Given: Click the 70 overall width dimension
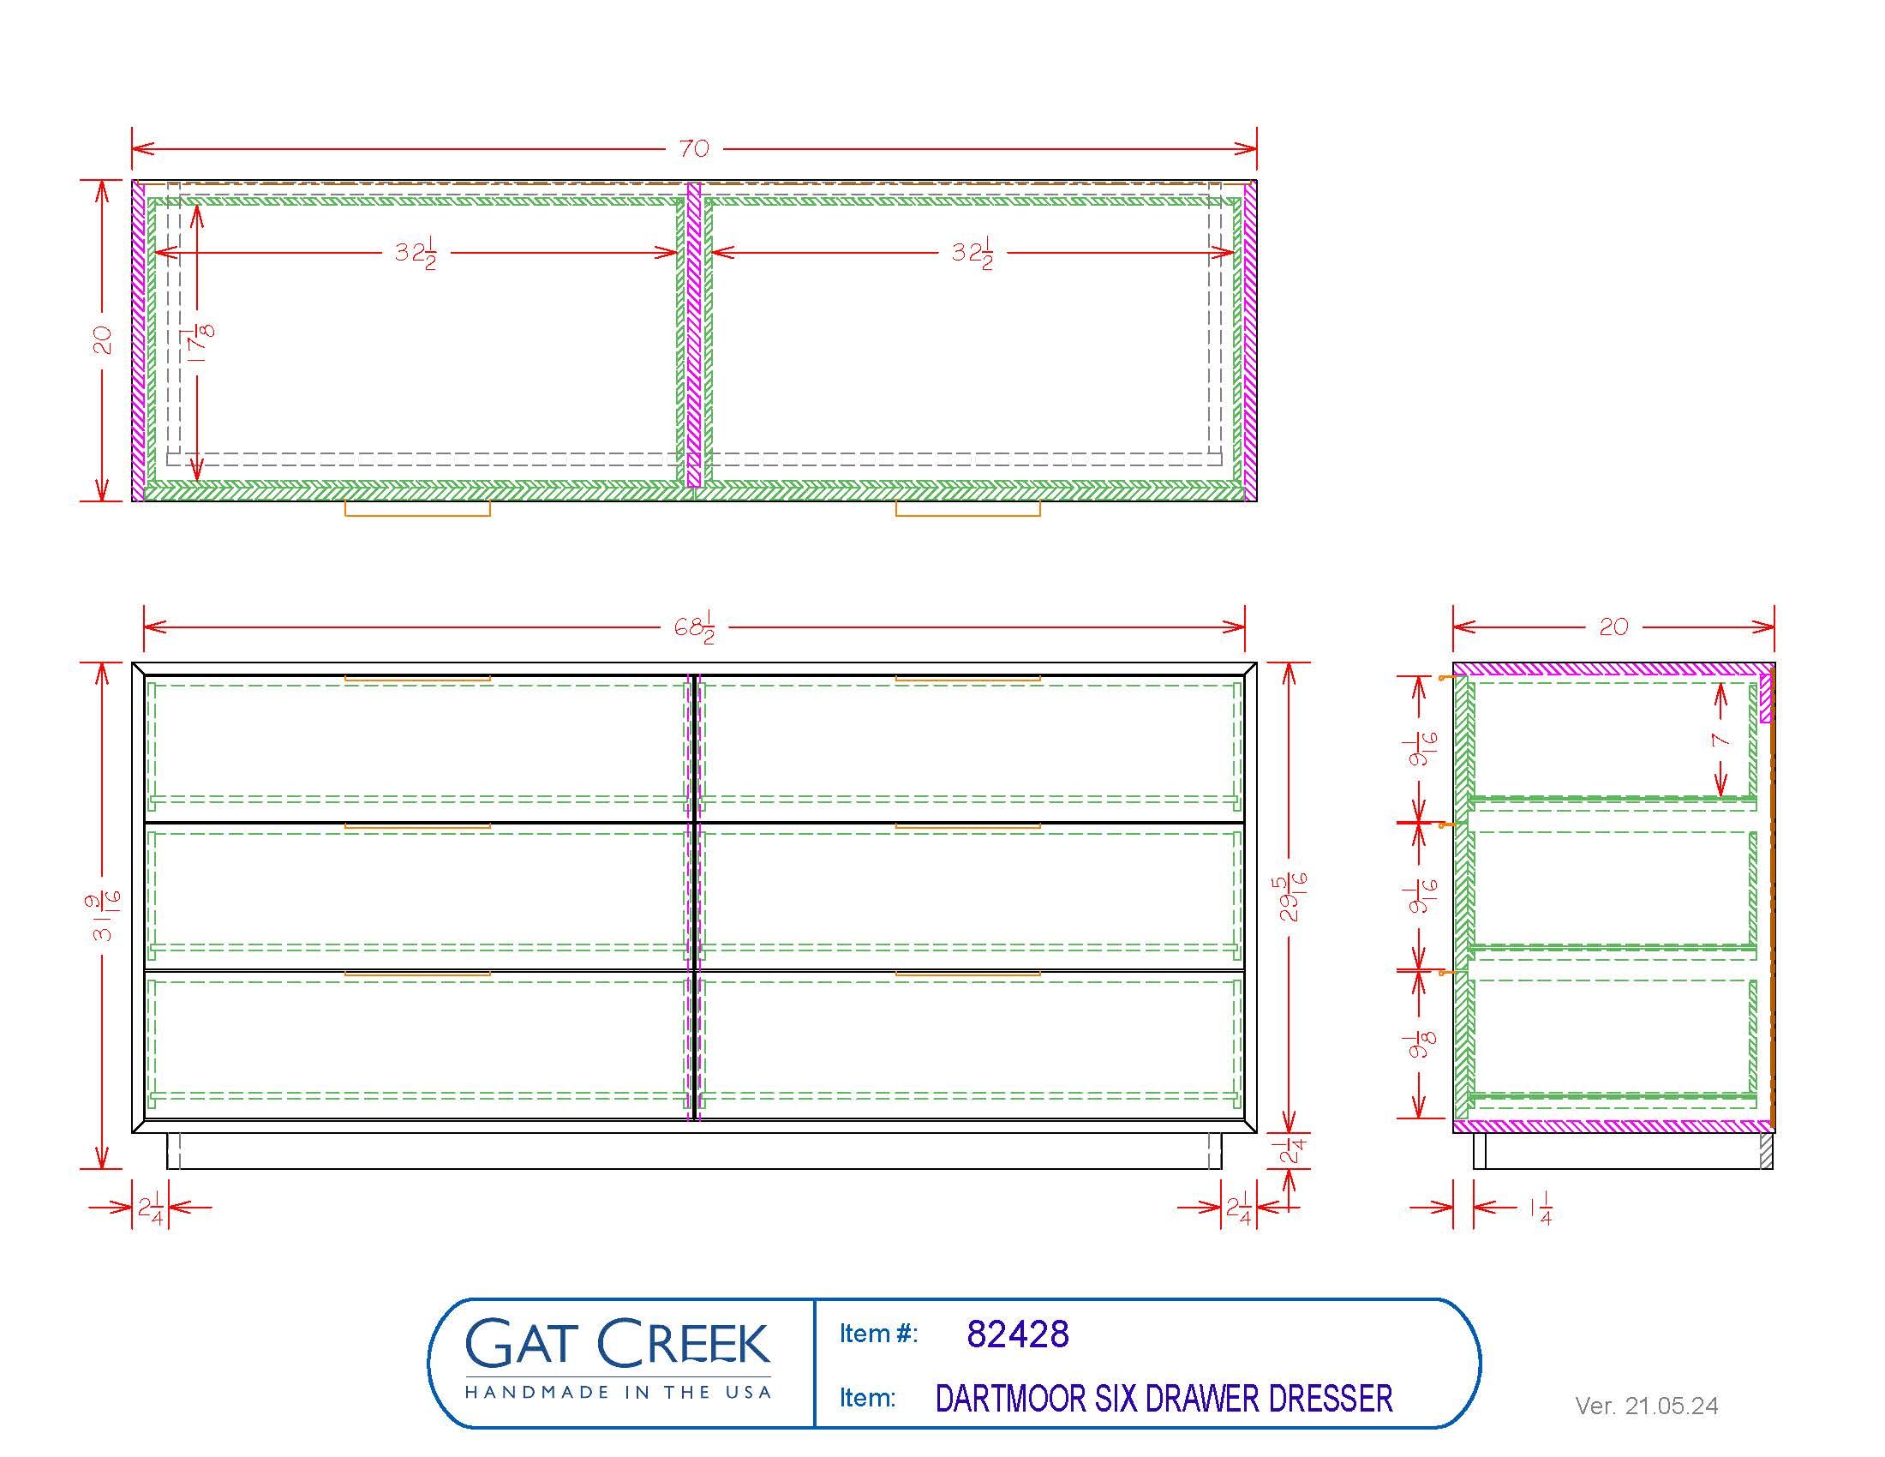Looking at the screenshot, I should click(694, 148).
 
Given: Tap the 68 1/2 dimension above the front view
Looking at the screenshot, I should click(695, 627).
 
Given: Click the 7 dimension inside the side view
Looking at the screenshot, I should click(1721, 740).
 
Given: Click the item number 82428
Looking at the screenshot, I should click(1018, 1334).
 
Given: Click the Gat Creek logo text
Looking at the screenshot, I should click(617, 1344).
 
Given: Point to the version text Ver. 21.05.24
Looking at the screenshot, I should click(1646, 1406).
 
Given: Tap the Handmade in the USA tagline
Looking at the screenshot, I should click(617, 1392).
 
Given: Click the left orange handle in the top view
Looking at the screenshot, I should click(418, 509).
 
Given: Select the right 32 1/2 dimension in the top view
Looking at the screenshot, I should click(972, 253).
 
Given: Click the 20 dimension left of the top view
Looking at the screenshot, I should click(103, 339).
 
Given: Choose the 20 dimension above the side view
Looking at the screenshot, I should click(1613, 627).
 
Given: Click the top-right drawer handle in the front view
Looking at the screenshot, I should click(967, 680).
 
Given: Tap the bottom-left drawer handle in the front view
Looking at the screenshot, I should click(418, 974).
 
